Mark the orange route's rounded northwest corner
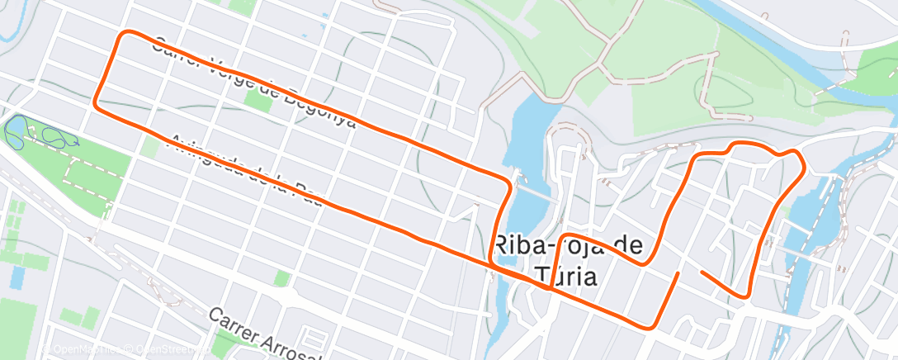click(x=126, y=35)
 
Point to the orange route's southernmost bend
click(x=652, y=327)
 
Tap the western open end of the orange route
click(x=678, y=272)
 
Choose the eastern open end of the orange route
click(x=701, y=271)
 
